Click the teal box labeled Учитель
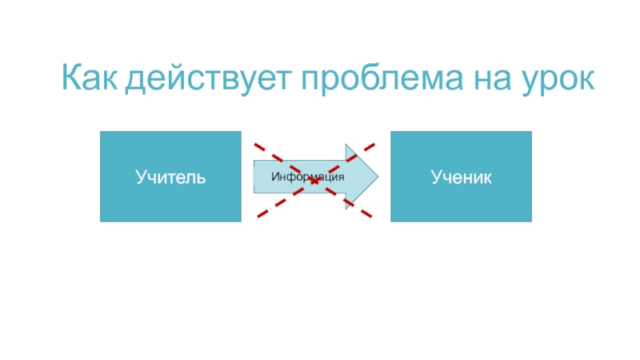tap(170, 176)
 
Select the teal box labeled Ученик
tap(461, 176)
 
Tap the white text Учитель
tap(170, 176)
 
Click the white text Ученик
tap(461, 176)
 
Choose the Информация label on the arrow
tap(307, 176)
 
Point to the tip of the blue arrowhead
tap(378, 176)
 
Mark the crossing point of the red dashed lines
tap(314, 181)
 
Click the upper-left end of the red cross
tap(255, 146)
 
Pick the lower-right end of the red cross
tap(371, 215)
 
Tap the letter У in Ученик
tap(434, 176)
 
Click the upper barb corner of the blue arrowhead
tap(346, 145)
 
